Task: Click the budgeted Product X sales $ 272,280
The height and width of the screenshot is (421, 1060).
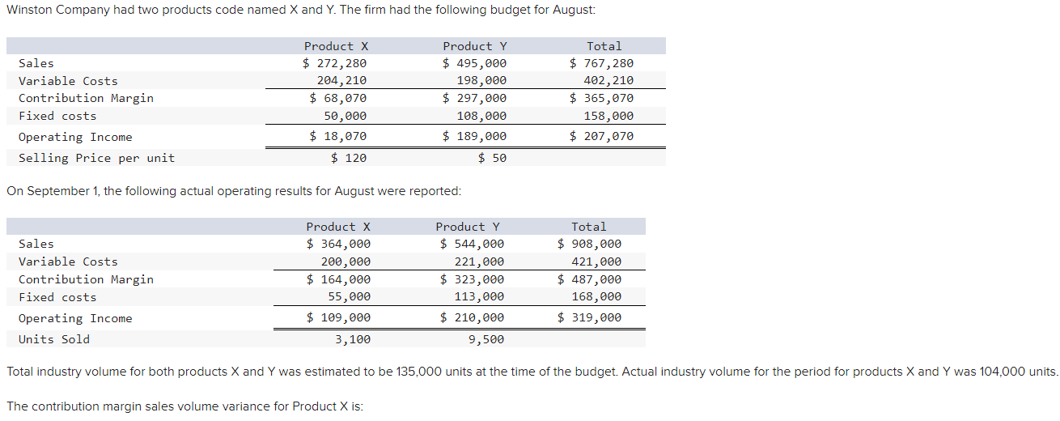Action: (x=335, y=63)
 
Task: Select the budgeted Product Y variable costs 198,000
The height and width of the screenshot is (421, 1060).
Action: (x=481, y=81)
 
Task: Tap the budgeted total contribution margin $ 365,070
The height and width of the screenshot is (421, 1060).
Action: (x=601, y=98)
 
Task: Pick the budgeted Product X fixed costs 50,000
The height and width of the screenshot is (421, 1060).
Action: (x=341, y=116)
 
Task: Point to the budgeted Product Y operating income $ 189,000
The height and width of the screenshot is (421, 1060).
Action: (x=475, y=137)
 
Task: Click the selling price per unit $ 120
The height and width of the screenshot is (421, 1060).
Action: (x=349, y=158)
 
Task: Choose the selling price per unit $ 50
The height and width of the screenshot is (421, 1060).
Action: (x=492, y=158)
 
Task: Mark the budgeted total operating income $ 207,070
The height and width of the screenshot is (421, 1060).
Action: (x=601, y=136)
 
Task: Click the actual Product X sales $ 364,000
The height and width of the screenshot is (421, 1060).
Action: (x=338, y=244)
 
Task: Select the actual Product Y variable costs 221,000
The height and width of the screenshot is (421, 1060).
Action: (x=479, y=262)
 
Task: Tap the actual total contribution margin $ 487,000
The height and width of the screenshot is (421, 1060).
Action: (x=590, y=279)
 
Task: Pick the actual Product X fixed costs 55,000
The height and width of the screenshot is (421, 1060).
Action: (x=346, y=297)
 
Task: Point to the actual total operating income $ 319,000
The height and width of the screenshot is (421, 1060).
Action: (x=590, y=317)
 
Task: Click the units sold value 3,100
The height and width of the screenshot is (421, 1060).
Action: (x=353, y=339)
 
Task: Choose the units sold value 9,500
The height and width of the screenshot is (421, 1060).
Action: (x=486, y=339)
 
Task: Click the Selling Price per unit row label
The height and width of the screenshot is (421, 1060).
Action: (x=96, y=158)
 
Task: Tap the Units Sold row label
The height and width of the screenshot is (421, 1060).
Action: (x=54, y=339)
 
